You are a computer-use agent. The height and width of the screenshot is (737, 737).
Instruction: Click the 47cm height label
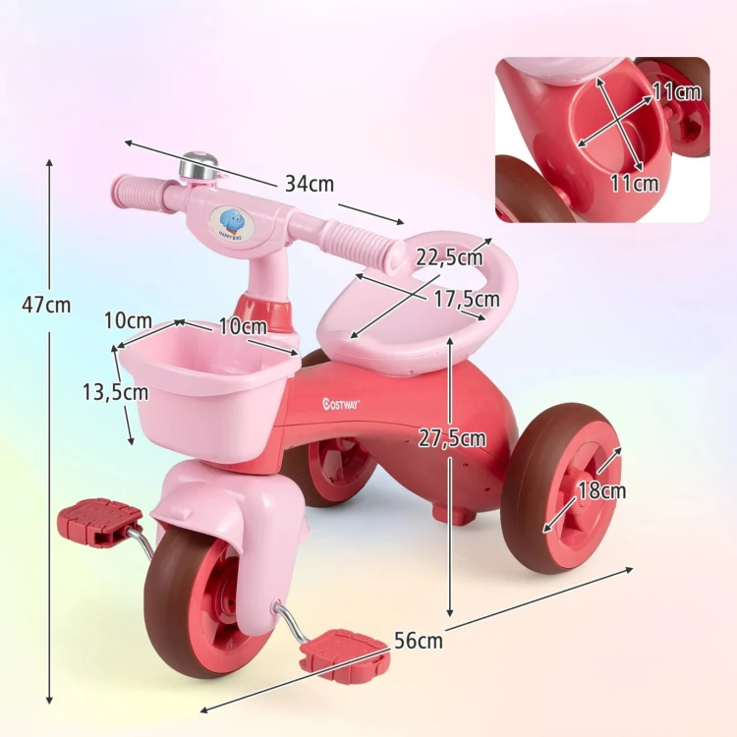point(46,306)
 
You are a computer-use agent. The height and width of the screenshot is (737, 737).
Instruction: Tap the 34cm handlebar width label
point(310,184)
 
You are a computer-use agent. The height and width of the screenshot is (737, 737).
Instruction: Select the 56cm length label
point(419,641)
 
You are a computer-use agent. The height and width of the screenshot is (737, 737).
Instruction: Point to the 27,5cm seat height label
point(452,438)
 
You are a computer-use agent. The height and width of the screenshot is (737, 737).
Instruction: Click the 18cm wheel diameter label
point(601,490)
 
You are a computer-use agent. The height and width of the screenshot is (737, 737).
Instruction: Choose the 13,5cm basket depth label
point(116,391)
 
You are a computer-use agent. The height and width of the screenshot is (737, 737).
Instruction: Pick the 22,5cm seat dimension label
point(449,257)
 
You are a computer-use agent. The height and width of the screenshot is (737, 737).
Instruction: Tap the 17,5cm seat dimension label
point(466,300)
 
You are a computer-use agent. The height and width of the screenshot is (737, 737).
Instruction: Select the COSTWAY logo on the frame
point(341,403)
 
